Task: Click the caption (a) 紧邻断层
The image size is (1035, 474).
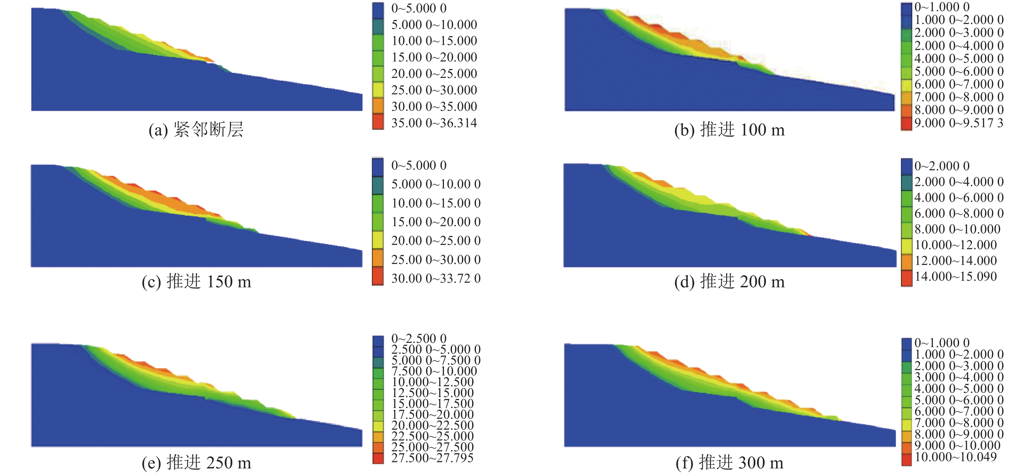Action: click(x=196, y=130)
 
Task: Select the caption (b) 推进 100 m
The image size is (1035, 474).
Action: click(x=729, y=130)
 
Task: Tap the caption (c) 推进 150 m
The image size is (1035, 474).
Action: click(x=196, y=281)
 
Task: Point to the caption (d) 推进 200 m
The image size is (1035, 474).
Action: click(x=729, y=281)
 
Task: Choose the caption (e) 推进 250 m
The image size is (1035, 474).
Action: click(x=196, y=463)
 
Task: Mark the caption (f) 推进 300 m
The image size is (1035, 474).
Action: click(x=729, y=463)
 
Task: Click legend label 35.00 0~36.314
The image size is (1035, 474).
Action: click(x=434, y=123)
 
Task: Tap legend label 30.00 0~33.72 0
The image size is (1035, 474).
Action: click(x=436, y=278)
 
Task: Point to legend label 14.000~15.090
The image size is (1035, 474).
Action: click(x=955, y=276)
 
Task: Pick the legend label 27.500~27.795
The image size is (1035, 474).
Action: click(x=432, y=458)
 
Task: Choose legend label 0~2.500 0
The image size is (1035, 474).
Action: click(x=419, y=339)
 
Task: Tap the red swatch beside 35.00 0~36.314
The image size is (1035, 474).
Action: click(x=378, y=122)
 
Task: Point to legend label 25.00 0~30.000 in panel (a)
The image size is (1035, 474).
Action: click(x=434, y=90)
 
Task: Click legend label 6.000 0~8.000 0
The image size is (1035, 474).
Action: click(x=959, y=213)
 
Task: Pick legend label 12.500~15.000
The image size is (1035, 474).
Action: click(x=432, y=393)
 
